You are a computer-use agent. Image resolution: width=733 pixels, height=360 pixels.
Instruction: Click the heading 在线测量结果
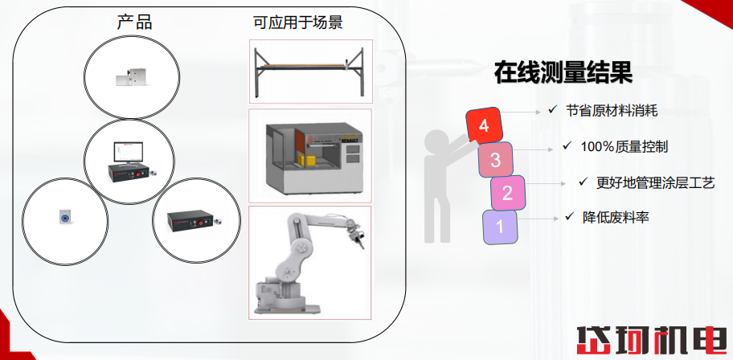click(563, 74)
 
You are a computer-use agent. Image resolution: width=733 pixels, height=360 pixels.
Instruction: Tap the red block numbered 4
click(484, 125)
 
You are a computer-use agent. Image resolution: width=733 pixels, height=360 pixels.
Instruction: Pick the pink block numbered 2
click(507, 193)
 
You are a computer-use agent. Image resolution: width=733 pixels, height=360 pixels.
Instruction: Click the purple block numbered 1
click(500, 226)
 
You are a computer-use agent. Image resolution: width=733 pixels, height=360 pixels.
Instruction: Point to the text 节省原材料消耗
click(612, 111)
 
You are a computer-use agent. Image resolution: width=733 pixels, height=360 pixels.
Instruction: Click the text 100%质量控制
click(624, 146)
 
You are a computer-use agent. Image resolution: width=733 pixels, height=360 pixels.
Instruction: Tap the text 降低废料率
click(616, 217)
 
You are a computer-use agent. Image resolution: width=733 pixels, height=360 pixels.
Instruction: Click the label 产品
click(134, 22)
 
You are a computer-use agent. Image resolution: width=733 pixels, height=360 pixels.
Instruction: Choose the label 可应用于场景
click(298, 22)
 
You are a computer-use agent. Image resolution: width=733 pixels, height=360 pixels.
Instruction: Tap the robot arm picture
click(309, 263)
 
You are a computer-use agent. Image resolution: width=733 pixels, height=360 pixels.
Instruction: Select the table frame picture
click(310, 72)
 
